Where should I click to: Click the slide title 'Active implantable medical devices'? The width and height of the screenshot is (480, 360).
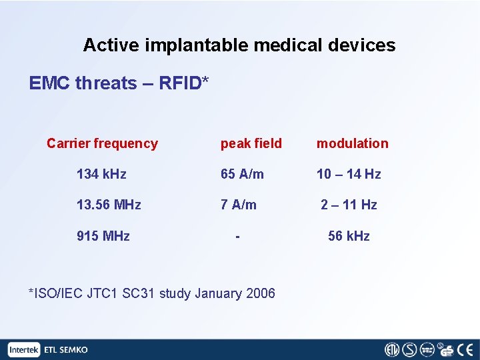(x=239, y=45)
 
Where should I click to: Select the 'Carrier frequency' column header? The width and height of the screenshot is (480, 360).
(x=102, y=143)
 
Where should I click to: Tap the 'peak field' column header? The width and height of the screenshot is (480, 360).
(x=251, y=143)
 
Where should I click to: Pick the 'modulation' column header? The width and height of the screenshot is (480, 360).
(x=352, y=143)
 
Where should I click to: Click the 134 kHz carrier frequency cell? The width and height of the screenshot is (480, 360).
(x=101, y=174)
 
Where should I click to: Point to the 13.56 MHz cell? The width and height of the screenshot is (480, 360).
(x=109, y=205)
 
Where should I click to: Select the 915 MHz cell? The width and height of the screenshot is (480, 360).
(x=103, y=236)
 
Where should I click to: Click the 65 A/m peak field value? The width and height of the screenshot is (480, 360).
(x=242, y=174)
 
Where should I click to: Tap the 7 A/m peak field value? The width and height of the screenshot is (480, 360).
(x=238, y=205)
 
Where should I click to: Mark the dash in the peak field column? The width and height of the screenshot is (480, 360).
(x=237, y=236)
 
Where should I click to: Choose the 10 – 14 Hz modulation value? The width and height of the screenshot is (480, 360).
(x=349, y=174)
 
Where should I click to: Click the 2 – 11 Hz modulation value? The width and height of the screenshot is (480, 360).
(x=349, y=205)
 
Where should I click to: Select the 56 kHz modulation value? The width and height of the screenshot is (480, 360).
(x=349, y=236)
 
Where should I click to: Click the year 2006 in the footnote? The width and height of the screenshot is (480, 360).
(x=259, y=293)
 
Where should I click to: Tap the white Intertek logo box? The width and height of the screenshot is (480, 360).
(x=25, y=349)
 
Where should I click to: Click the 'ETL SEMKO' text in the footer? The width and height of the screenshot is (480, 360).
(x=65, y=349)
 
